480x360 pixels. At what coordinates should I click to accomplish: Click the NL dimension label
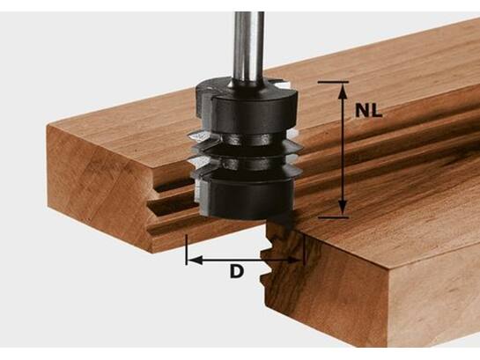[368, 110]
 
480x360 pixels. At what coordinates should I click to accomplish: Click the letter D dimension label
[237, 271]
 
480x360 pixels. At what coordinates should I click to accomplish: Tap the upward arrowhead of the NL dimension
[343, 91]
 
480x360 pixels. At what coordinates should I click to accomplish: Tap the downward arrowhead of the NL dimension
[343, 209]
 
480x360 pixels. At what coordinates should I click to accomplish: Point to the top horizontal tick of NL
[333, 82]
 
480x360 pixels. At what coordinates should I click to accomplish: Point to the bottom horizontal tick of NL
[334, 217]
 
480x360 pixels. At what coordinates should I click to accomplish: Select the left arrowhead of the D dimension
[195, 261]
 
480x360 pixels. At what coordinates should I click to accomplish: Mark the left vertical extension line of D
[186, 250]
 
